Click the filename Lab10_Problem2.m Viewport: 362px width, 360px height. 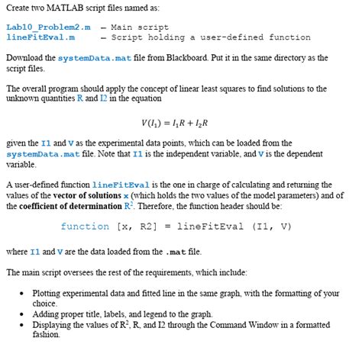48,27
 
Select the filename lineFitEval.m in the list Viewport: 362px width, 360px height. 40,36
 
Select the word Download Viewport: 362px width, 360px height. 24,58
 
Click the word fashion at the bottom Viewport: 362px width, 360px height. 45,334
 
